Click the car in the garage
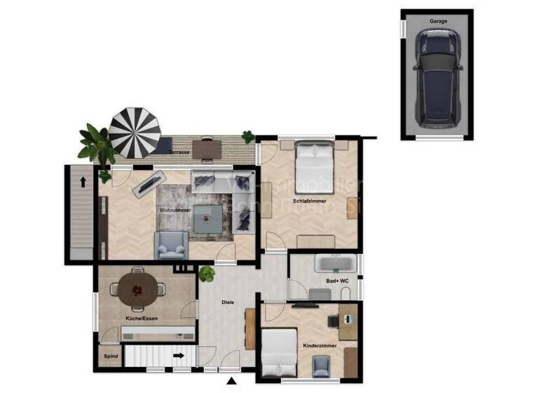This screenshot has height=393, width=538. point(438,77)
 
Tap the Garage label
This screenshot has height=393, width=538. point(438,21)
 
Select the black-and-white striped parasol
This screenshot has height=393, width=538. point(134,132)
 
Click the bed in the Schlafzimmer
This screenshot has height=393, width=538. point(313,163)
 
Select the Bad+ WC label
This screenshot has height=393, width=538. point(337,281)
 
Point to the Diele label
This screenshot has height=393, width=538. point(227,302)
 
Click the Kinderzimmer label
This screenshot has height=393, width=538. point(319,347)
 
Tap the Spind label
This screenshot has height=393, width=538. point(110,357)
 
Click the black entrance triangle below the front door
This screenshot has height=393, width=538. point(231,381)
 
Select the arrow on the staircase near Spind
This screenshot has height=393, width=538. point(179,356)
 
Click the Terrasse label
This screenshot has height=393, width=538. point(178,152)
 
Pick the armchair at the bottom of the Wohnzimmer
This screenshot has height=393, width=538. point(171,244)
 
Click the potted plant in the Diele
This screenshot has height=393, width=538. point(206,274)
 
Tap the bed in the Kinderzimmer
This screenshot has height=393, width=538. point(279,352)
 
